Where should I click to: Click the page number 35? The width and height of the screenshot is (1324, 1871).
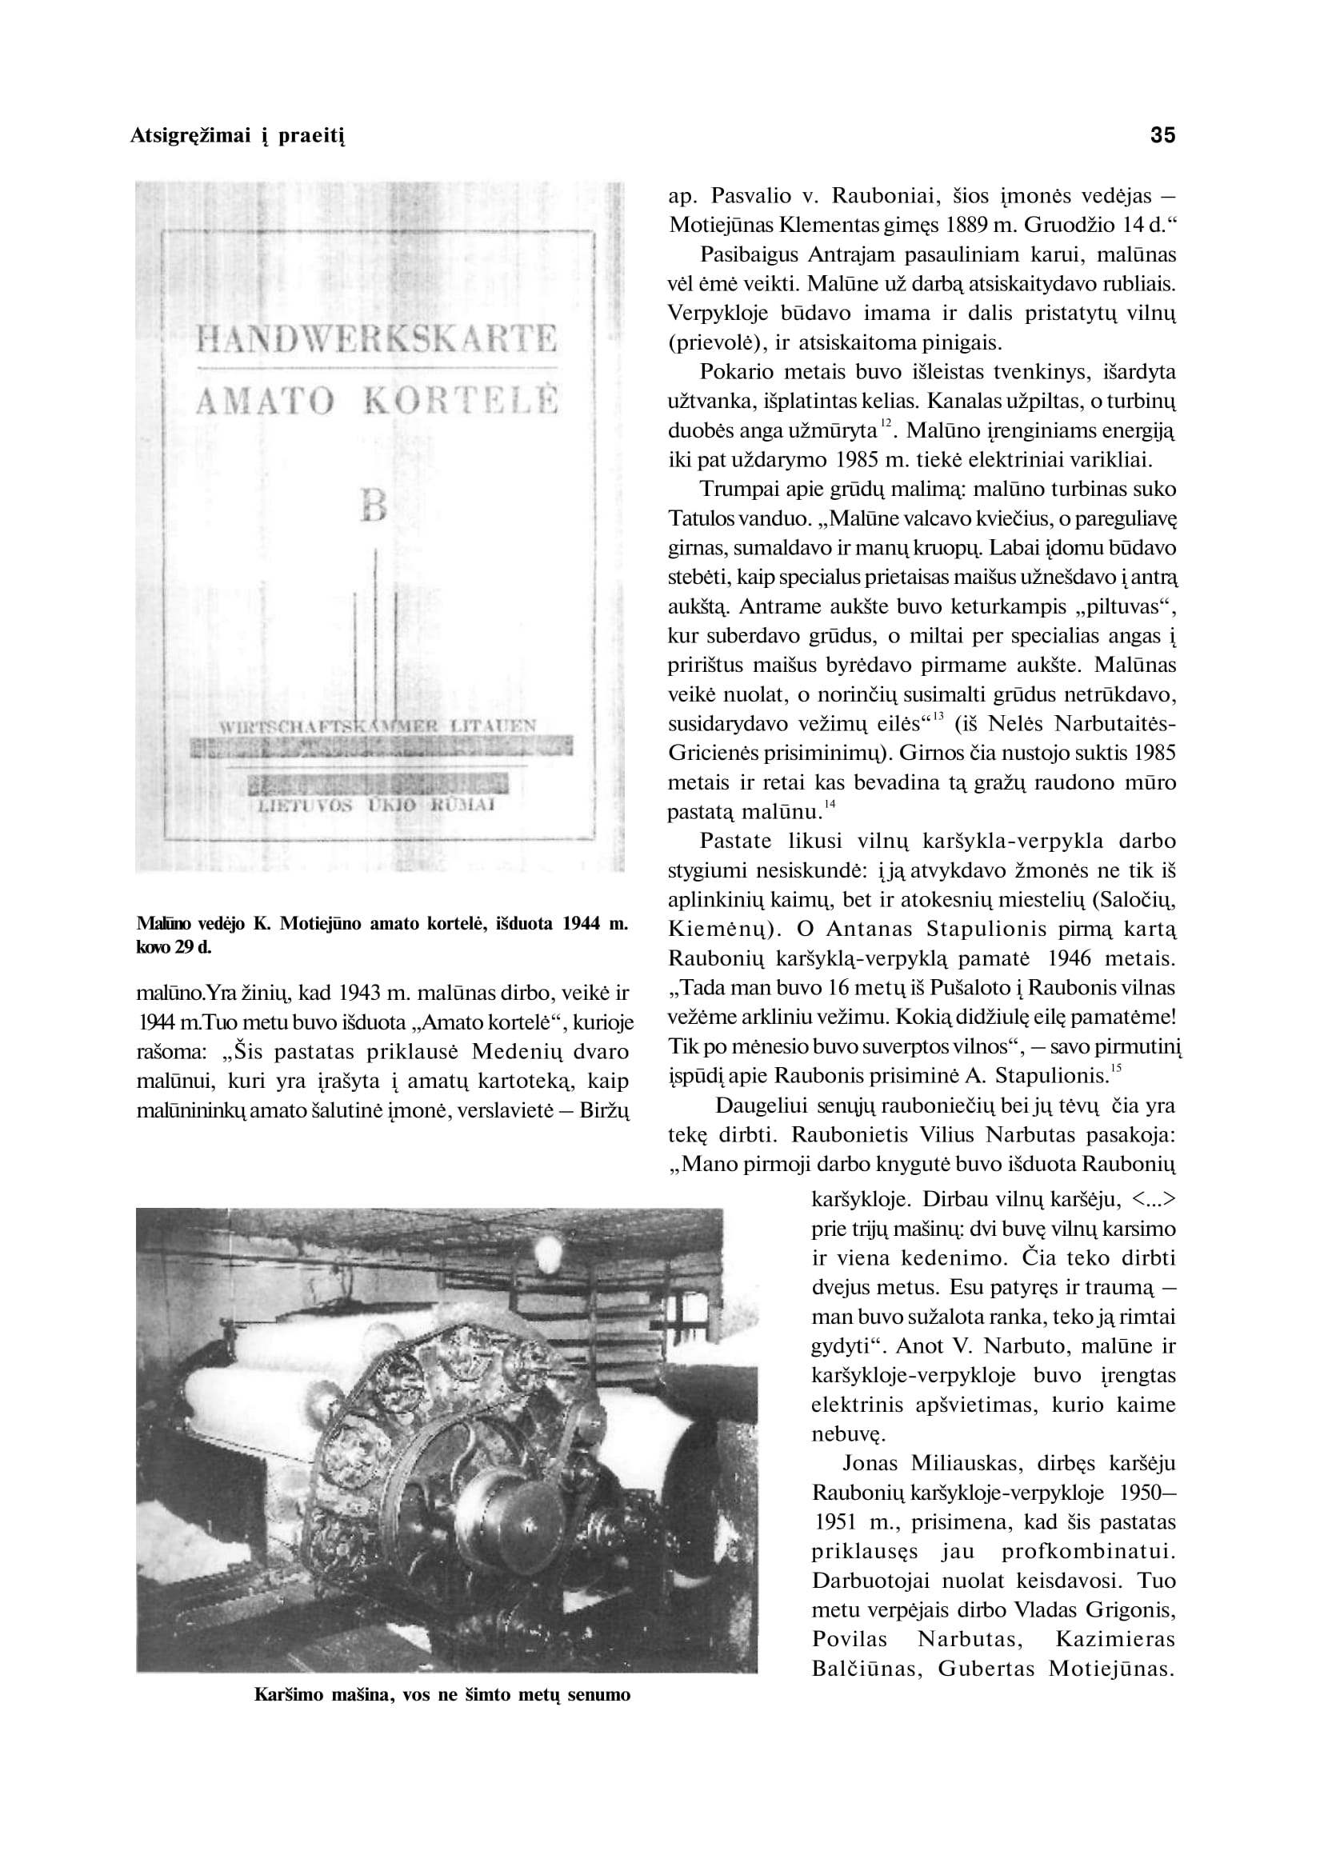(x=1162, y=135)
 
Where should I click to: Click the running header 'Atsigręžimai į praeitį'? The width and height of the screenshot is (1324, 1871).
(x=238, y=136)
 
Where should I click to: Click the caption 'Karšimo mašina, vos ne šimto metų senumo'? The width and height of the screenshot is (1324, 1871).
(x=442, y=1695)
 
